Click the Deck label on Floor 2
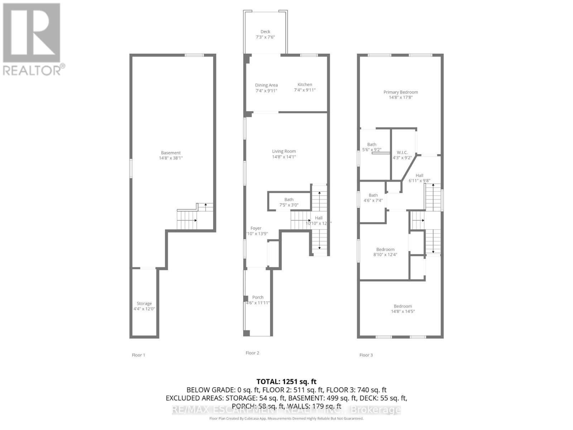click(x=265, y=32)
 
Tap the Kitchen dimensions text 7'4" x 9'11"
click(x=305, y=90)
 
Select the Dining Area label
click(x=266, y=85)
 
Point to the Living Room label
click(x=284, y=151)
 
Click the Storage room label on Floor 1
click(x=144, y=304)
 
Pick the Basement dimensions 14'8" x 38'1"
click(x=171, y=158)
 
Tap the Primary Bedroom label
click(x=401, y=92)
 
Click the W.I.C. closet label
click(x=402, y=153)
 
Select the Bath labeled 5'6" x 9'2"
click(x=372, y=145)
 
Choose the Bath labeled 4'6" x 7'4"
click(x=373, y=195)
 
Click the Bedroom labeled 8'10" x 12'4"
click(x=385, y=249)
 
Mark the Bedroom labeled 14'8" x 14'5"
click(x=403, y=306)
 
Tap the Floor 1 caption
click(x=139, y=355)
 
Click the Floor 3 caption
click(x=366, y=355)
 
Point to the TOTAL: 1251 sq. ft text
click(x=286, y=382)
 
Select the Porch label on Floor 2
click(x=258, y=297)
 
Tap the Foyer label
click(x=256, y=228)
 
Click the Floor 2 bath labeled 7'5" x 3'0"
click(x=289, y=200)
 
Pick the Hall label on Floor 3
click(x=419, y=176)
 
